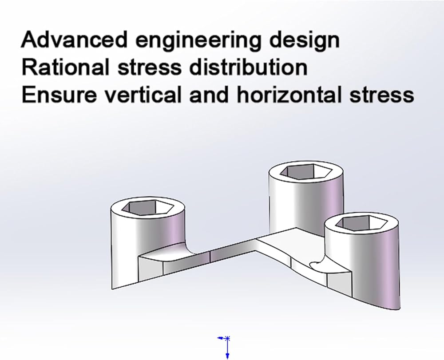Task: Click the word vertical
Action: (143, 95)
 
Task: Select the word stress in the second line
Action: (149, 68)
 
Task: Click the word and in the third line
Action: (209, 95)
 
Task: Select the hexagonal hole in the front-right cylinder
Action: (361, 222)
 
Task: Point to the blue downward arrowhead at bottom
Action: (227, 356)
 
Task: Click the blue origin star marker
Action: (227, 338)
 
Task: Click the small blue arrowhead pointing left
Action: (220, 338)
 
